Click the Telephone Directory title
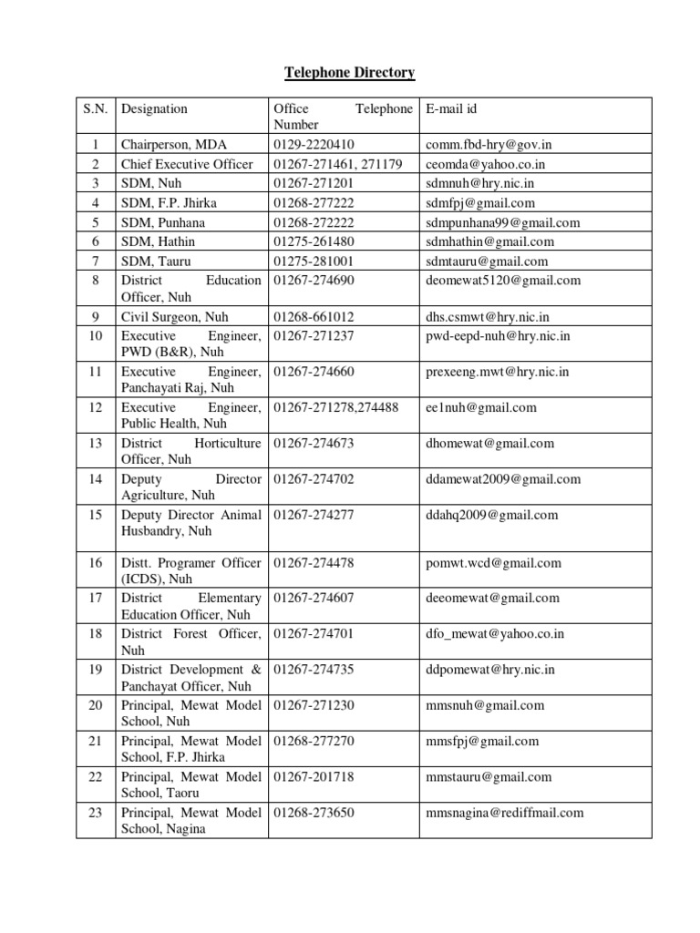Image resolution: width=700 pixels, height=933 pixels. click(x=350, y=72)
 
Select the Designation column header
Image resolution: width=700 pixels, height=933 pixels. click(x=154, y=109)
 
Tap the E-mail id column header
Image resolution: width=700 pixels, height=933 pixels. click(x=451, y=109)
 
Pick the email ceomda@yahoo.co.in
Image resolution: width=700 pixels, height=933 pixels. click(x=485, y=164)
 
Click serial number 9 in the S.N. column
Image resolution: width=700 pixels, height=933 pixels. click(x=95, y=317)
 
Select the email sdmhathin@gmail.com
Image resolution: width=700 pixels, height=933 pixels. click(x=489, y=241)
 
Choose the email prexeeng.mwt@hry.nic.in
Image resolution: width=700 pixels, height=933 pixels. click(x=498, y=372)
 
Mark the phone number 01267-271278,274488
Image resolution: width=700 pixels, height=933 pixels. click(x=336, y=407)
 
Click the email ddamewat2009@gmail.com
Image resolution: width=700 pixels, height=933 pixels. click(x=502, y=479)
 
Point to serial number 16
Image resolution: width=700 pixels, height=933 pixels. click(x=95, y=563)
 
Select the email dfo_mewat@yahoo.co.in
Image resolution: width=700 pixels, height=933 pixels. click(x=495, y=633)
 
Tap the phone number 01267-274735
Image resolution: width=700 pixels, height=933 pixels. click(x=314, y=669)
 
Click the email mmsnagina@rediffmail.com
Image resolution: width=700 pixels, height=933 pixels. click(x=504, y=813)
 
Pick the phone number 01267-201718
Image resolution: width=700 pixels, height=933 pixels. click(x=314, y=777)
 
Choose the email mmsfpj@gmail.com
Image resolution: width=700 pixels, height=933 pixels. click(x=482, y=741)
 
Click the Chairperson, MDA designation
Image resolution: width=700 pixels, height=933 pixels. click(x=174, y=145)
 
